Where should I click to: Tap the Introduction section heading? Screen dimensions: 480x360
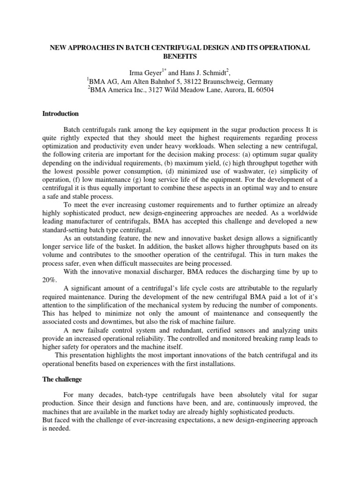(x=60, y=114)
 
